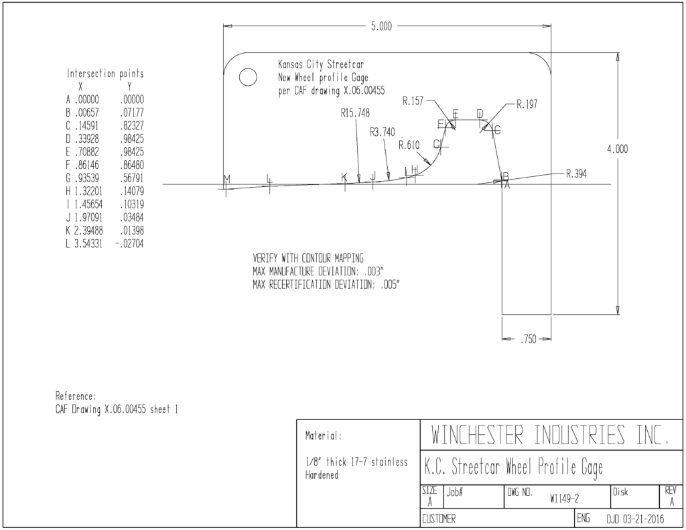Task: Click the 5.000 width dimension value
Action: [381, 27]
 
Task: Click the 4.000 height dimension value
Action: [617, 149]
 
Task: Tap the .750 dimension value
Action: [528, 339]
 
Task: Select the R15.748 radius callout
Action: [355, 113]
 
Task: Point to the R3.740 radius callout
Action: [383, 132]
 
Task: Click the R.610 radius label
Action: [409, 145]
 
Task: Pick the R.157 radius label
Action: [413, 101]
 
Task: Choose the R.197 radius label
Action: [527, 104]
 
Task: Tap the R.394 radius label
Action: [577, 174]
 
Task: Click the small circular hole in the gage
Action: [248, 78]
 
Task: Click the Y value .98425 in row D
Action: [132, 139]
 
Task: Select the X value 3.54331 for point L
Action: [88, 244]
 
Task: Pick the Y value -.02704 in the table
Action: [129, 244]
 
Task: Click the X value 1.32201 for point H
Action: [88, 191]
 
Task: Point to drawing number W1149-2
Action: [564, 499]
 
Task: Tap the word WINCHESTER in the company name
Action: [477, 435]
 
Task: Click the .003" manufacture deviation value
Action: [373, 271]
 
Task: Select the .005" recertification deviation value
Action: [390, 285]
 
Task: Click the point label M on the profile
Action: [226, 179]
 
